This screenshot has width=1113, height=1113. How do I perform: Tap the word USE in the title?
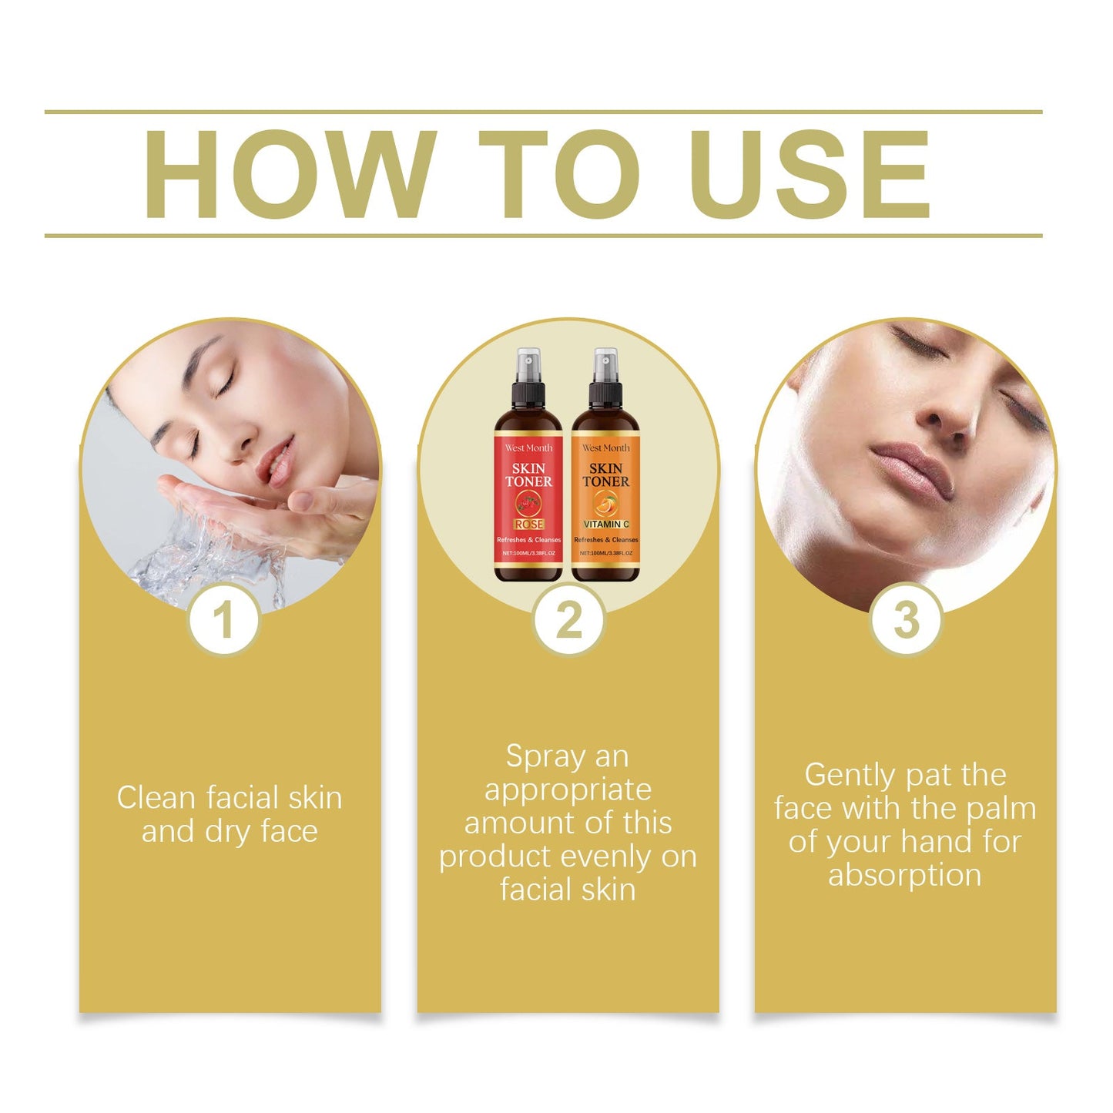[811, 175]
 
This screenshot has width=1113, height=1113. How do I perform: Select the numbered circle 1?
[223, 619]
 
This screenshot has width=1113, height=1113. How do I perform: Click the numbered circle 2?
[569, 619]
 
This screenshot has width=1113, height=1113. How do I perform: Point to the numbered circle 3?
[906, 619]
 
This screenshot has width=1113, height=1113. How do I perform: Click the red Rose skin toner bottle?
[528, 485]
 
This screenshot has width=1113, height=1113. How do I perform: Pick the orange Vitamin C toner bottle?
[605, 485]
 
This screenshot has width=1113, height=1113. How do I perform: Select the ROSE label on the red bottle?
[529, 524]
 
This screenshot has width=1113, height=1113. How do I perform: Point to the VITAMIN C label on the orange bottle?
[606, 524]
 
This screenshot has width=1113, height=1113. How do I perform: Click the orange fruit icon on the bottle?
[605, 504]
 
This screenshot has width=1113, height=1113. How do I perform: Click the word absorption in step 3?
[905, 876]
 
